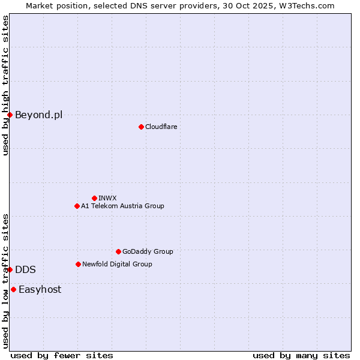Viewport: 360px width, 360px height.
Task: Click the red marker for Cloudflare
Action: pyautogui.click(x=141, y=127)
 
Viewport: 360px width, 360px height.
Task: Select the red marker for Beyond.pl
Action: pyautogui.click(x=10, y=115)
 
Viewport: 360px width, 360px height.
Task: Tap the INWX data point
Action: pyautogui.click(x=94, y=198)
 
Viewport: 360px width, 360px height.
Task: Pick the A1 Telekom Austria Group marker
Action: pyautogui.click(x=77, y=206)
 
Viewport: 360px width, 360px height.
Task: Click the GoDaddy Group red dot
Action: pyautogui.click(x=118, y=251)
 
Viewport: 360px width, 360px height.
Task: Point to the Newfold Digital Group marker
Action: pyautogui.click(x=78, y=264)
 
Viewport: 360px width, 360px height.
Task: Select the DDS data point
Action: pyautogui.click(x=10, y=269)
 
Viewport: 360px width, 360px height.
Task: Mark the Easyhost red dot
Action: pyautogui.click(x=13, y=289)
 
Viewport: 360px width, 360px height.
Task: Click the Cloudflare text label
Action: pyautogui.click(x=161, y=127)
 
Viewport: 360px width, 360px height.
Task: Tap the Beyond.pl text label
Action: pyautogui.click(x=38, y=115)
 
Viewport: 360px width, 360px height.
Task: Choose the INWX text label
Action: pyautogui.click(x=107, y=198)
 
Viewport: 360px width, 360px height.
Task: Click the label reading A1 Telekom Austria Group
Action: pyautogui.click(x=122, y=206)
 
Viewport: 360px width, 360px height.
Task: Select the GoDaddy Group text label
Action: pyautogui.click(x=148, y=251)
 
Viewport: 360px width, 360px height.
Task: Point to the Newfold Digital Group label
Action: pyautogui.click(x=117, y=264)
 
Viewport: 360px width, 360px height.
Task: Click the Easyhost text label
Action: pyautogui.click(x=40, y=289)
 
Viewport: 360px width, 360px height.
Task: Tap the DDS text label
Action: pyautogui.click(x=25, y=269)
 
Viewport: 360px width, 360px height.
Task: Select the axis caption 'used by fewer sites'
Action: pyautogui.click(x=62, y=355)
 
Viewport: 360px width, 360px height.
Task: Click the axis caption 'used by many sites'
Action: pyautogui.click(x=301, y=355)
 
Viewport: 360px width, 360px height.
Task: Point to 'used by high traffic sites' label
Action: pyautogui.click(x=5, y=85)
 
